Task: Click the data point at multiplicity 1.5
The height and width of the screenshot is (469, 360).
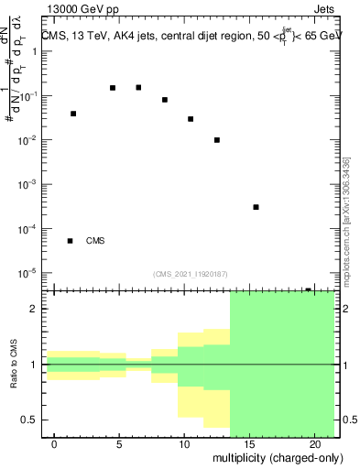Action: coord(73,114)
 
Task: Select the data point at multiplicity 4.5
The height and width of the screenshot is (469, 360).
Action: coord(113,88)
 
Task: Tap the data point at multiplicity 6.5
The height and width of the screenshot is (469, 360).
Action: coord(138,87)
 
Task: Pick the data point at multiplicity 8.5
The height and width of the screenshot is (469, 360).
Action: coord(165,100)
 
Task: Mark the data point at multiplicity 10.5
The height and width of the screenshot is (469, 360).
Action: coord(191,119)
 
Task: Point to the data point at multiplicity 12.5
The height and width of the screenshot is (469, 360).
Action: coord(217,140)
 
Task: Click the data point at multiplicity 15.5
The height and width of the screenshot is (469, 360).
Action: coord(256,207)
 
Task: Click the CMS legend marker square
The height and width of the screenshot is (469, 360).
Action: coord(71,241)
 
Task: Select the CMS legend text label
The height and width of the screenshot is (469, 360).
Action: coord(95,241)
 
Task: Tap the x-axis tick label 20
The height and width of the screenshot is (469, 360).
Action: coord(313,444)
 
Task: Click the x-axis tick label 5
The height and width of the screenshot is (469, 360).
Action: coord(120,444)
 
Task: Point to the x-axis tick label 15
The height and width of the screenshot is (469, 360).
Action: coord(249,444)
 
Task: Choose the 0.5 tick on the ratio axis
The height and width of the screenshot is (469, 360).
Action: coord(29,420)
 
